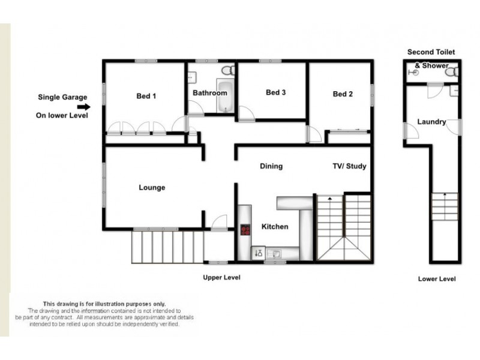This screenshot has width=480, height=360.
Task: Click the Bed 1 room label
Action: click(x=146, y=96)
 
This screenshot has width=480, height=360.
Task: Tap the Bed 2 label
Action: click(x=342, y=94)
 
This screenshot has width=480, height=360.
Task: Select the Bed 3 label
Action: click(x=275, y=92)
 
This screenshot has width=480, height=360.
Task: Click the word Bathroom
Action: click(x=209, y=93)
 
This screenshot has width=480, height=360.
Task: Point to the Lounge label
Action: click(x=152, y=188)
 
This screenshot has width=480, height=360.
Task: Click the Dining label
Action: click(x=271, y=166)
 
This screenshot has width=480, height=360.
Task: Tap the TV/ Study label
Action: click(x=349, y=166)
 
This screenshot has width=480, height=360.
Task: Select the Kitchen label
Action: click(x=275, y=227)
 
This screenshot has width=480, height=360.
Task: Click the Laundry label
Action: click(x=431, y=122)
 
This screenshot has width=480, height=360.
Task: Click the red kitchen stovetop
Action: click(x=245, y=229)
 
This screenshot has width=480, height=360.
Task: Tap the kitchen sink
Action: click(x=275, y=253)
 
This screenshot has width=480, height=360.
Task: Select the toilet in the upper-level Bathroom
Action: click(x=227, y=70)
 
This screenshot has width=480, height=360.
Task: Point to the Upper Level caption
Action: click(x=222, y=278)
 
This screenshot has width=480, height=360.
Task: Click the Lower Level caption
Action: click(x=436, y=279)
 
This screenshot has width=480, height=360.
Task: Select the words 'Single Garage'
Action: click(x=62, y=97)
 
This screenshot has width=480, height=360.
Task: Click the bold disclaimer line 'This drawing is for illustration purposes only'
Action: click(x=104, y=304)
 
